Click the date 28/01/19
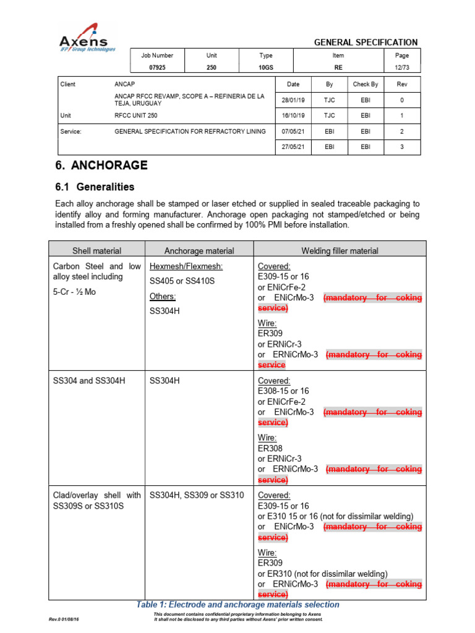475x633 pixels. (x=293, y=100)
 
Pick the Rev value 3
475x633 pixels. (x=402, y=147)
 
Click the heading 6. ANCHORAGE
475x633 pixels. (x=101, y=165)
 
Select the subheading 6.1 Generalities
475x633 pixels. (x=95, y=187)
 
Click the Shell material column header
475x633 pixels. (x=96, y=250)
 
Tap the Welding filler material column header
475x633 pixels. (x=340, y=250)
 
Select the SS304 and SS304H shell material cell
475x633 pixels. (x=89, y=381)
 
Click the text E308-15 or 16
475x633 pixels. (x=283, y=391)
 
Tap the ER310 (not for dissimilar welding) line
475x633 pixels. (x=322, y=574)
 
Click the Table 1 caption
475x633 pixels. (x=237, y=605)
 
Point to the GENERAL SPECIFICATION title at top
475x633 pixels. (x=366, y=42)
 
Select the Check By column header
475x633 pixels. (x=365, y=84)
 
